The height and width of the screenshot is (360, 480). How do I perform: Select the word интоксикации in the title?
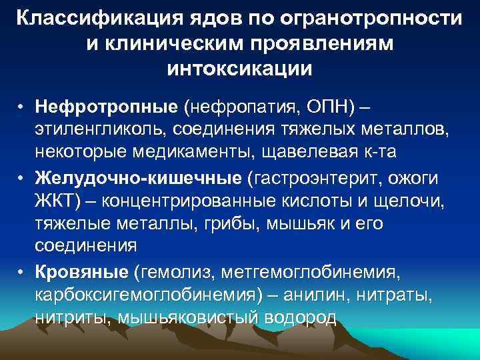(x=240, y=68)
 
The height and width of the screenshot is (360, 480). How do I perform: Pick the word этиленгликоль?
(x=101, y=129)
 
